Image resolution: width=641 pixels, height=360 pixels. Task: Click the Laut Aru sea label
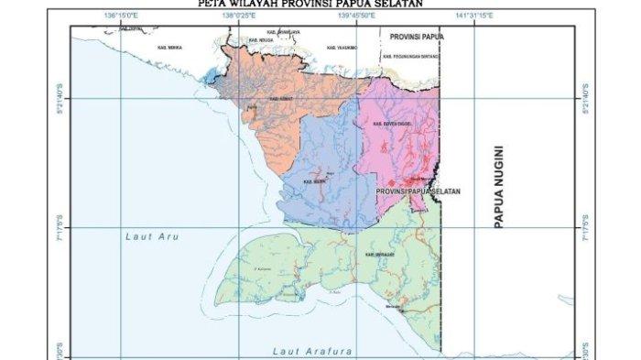[x=151, y=237]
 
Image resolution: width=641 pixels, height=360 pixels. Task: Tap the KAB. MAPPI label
[x=314, y=182]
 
